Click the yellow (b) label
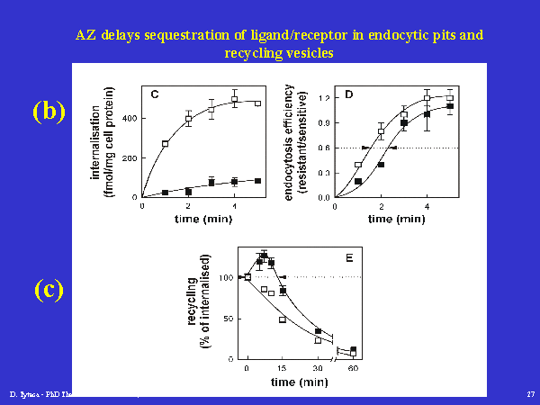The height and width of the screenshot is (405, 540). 49,111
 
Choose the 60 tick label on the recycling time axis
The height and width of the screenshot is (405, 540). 353,369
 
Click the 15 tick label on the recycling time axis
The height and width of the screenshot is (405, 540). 282,369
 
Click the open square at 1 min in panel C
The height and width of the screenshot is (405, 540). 166,143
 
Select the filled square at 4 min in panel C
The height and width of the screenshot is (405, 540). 234,182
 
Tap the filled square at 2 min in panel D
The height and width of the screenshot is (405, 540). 382,165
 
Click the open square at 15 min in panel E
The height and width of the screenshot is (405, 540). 283,319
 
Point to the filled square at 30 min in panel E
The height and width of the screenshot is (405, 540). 318,331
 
